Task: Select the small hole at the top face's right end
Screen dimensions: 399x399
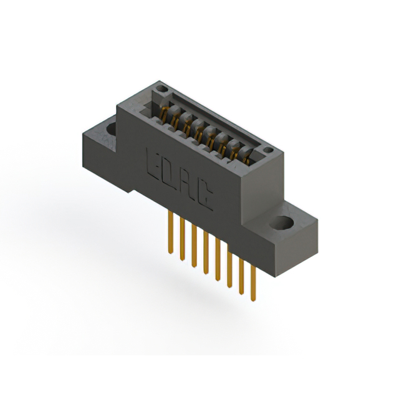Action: tap(267, 150)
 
